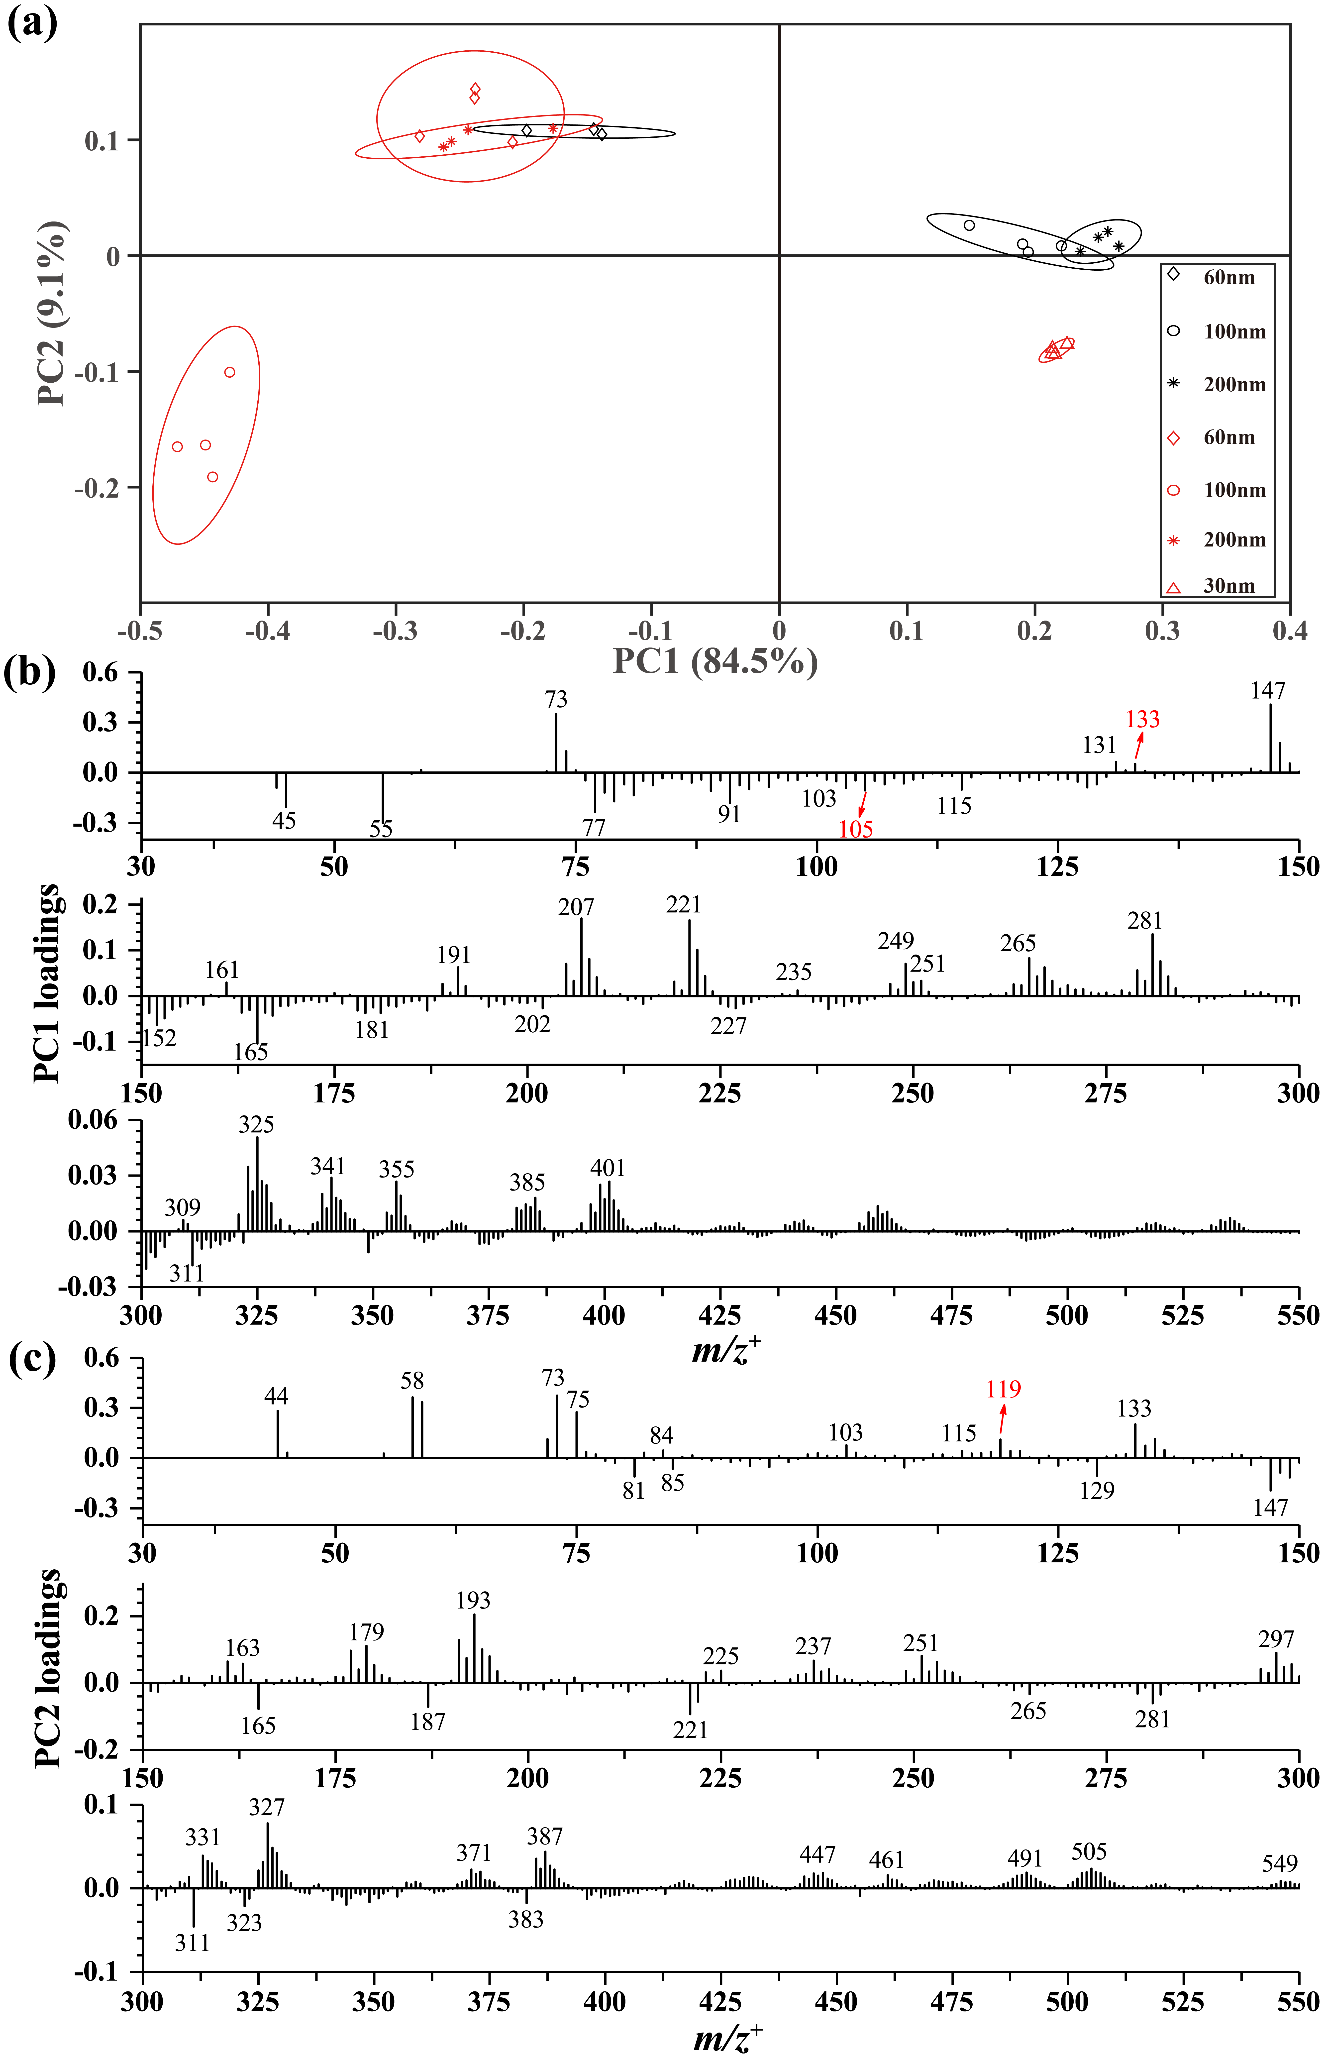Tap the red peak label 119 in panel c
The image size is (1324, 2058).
1003,1389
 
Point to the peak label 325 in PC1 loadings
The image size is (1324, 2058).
256,1124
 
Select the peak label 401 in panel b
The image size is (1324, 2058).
607,1167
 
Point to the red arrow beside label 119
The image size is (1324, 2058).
1002,1420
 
